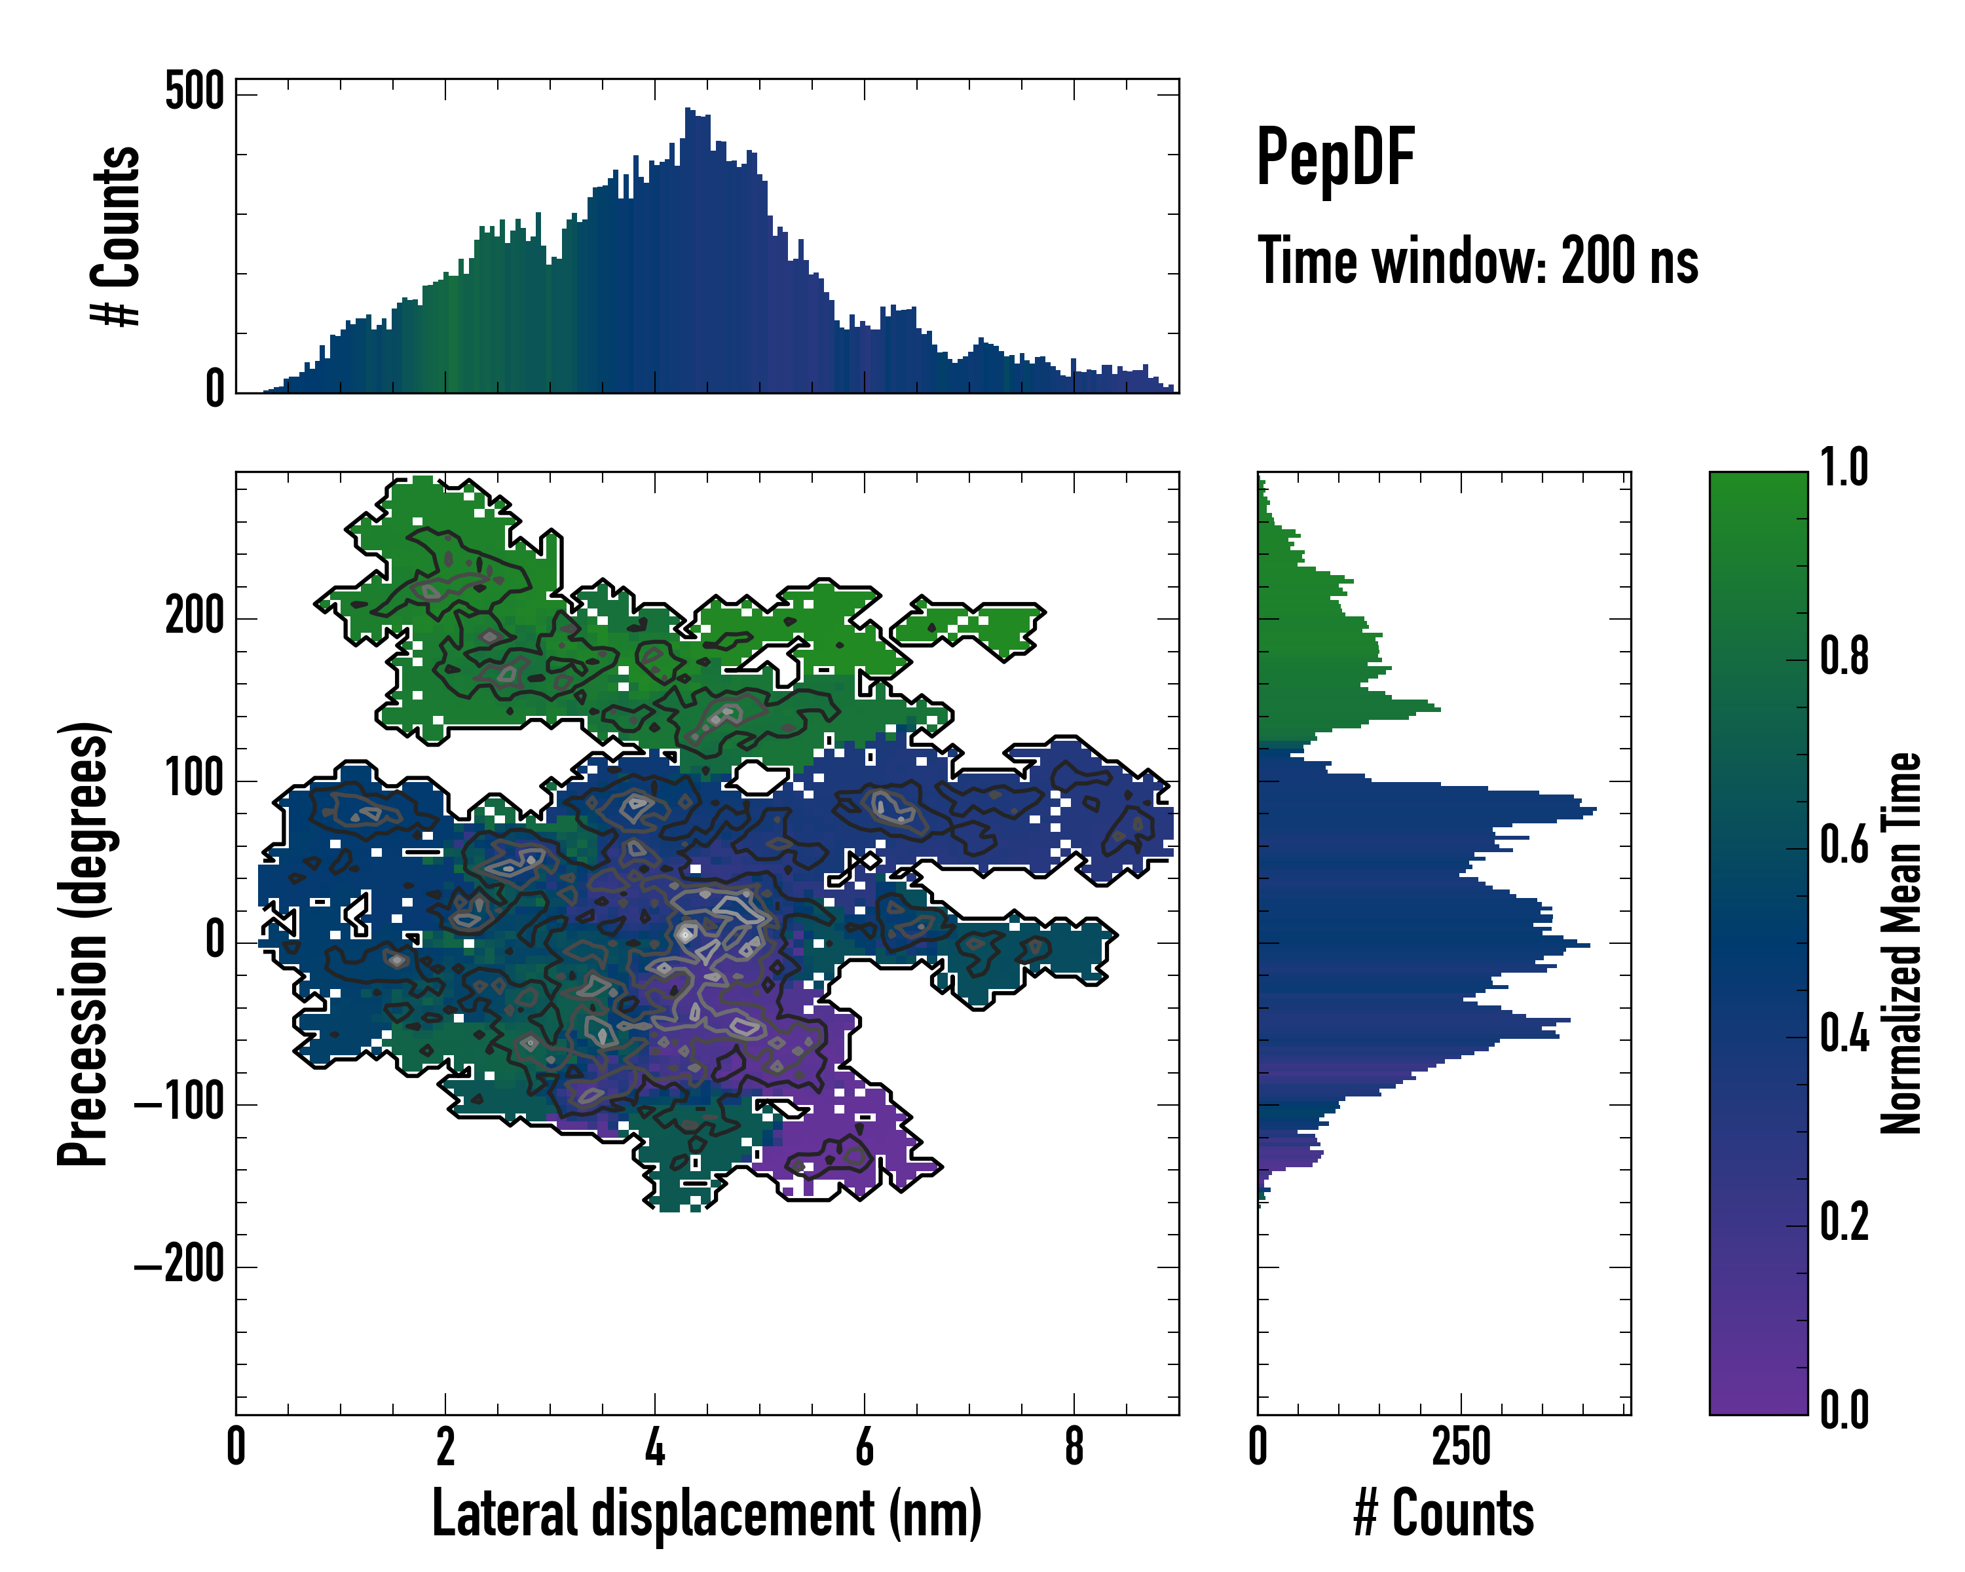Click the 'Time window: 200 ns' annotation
click(x=1478, y=261)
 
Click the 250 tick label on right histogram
click(x=1461, y=1446)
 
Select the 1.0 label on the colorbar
click(x=1844, y=468)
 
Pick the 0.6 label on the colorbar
click(x=1844, y=845)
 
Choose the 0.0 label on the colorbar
click(x=1844, y=1409)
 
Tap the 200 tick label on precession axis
click(x=194, y=617)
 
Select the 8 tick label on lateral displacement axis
click(x=1074, y=1446)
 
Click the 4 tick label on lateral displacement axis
click(x=654, y=1446)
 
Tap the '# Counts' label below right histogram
click(x=1444, y=1514)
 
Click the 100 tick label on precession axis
click(x=194, y=779)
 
